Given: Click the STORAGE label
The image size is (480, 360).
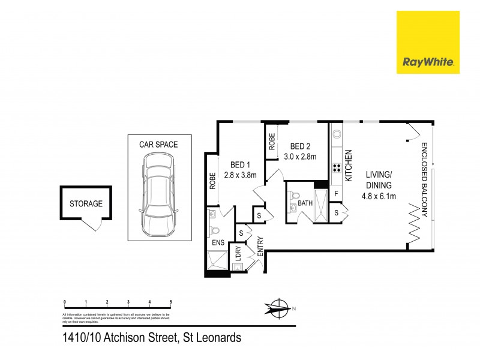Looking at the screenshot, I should coord(86,203).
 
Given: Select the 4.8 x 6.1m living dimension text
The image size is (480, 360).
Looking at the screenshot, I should coord(379,194).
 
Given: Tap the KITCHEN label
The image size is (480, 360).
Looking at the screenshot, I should coord(347,166).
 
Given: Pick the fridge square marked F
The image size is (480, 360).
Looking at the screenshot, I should coord(337,194).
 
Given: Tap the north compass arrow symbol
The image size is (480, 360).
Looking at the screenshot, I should coord(277,308).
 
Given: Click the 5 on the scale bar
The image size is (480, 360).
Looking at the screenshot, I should coord(171,302).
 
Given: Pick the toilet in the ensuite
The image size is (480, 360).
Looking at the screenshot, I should coord(215,229).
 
